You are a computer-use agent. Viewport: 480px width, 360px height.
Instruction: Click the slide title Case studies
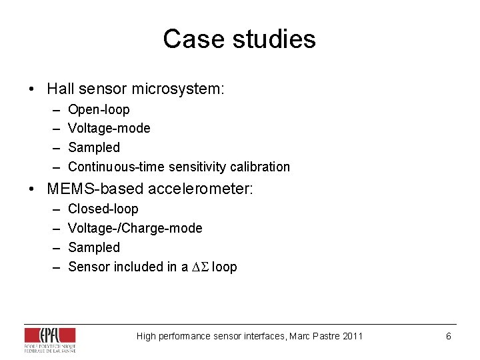(239, 39)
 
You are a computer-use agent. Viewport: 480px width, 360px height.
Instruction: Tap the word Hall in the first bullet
(59, 89)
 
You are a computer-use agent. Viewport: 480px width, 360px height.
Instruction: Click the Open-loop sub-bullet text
(99, 109)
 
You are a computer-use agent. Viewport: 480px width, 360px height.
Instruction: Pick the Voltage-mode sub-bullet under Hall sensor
(109, 128)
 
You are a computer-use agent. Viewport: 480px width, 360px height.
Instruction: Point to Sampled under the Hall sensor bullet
(94, 147)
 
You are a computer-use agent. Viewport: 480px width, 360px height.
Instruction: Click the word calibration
(259, 167)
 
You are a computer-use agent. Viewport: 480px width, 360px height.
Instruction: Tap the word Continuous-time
(117, 167)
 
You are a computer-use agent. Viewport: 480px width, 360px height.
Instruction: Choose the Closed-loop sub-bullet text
(103, 209)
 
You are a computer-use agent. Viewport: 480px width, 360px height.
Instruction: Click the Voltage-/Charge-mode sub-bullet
(135, 228)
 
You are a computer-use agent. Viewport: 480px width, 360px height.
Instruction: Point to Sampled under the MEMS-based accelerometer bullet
(94, 247)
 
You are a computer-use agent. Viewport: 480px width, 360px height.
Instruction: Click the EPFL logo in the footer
(49, 339)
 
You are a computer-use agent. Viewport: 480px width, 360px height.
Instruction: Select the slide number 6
(449, 336)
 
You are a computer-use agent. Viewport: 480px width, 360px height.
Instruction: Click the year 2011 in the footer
(352, 336)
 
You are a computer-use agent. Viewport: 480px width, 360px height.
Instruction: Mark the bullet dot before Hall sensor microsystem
(31, 89)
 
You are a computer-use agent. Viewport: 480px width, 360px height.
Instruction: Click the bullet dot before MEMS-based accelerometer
(31, 190)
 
